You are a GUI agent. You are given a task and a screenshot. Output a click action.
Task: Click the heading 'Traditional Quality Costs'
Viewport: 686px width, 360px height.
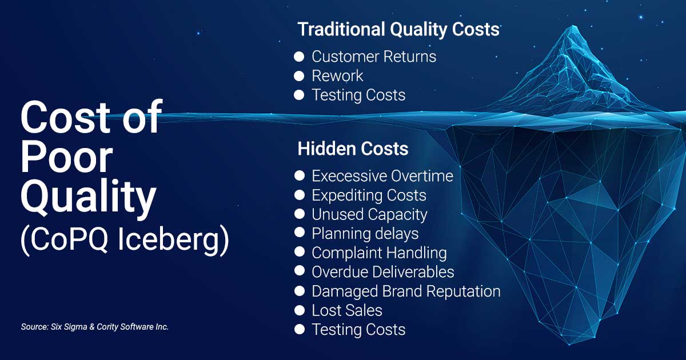tap(398, 29)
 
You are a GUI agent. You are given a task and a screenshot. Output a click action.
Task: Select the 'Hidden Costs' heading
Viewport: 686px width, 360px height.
tap(353, 149)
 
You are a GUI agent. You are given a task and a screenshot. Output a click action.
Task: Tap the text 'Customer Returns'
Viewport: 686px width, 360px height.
tap(373, 57)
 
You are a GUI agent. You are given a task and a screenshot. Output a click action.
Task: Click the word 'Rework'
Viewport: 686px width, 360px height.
tap(337, 76)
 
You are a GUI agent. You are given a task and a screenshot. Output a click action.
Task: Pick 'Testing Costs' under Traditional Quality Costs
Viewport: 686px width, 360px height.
tap(358, 95)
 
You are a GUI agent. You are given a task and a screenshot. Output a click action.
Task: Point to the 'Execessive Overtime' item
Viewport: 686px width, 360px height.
tap(382, 175)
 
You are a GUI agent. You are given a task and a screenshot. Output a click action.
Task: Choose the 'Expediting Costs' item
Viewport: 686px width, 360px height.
tap(369, 195)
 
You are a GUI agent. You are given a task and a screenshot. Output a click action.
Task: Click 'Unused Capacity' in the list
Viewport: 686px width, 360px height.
tap(369, 214)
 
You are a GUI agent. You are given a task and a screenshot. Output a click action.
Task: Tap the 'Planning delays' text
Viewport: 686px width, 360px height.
tap(365, 233)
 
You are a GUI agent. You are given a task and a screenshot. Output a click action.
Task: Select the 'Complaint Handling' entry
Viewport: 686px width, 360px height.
tap(379, 253)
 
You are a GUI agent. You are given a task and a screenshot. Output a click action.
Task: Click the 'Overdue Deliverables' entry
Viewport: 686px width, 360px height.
tap(382, 271)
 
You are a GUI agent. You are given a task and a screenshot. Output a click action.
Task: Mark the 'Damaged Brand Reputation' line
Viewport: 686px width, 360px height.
tap(406, 291)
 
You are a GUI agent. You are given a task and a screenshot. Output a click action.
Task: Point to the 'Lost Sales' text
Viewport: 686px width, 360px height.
tap(347, 310)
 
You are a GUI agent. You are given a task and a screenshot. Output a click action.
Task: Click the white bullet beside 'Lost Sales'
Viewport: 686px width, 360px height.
tap(299, 310)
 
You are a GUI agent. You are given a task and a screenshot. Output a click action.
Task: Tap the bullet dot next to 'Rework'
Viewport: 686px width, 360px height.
tap(299, 76)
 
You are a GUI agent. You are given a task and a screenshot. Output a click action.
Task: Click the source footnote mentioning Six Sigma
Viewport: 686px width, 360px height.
tap(95, 327)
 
